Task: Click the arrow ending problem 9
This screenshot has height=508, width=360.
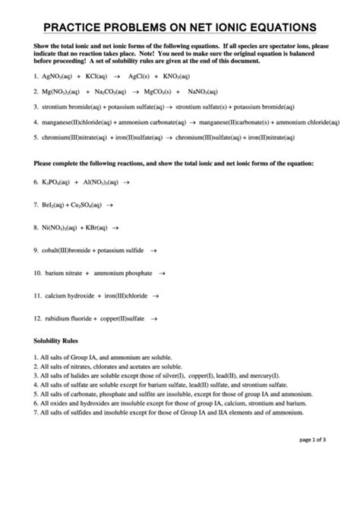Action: click(154, 249)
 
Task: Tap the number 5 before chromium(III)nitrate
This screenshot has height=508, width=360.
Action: click(36, 137)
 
